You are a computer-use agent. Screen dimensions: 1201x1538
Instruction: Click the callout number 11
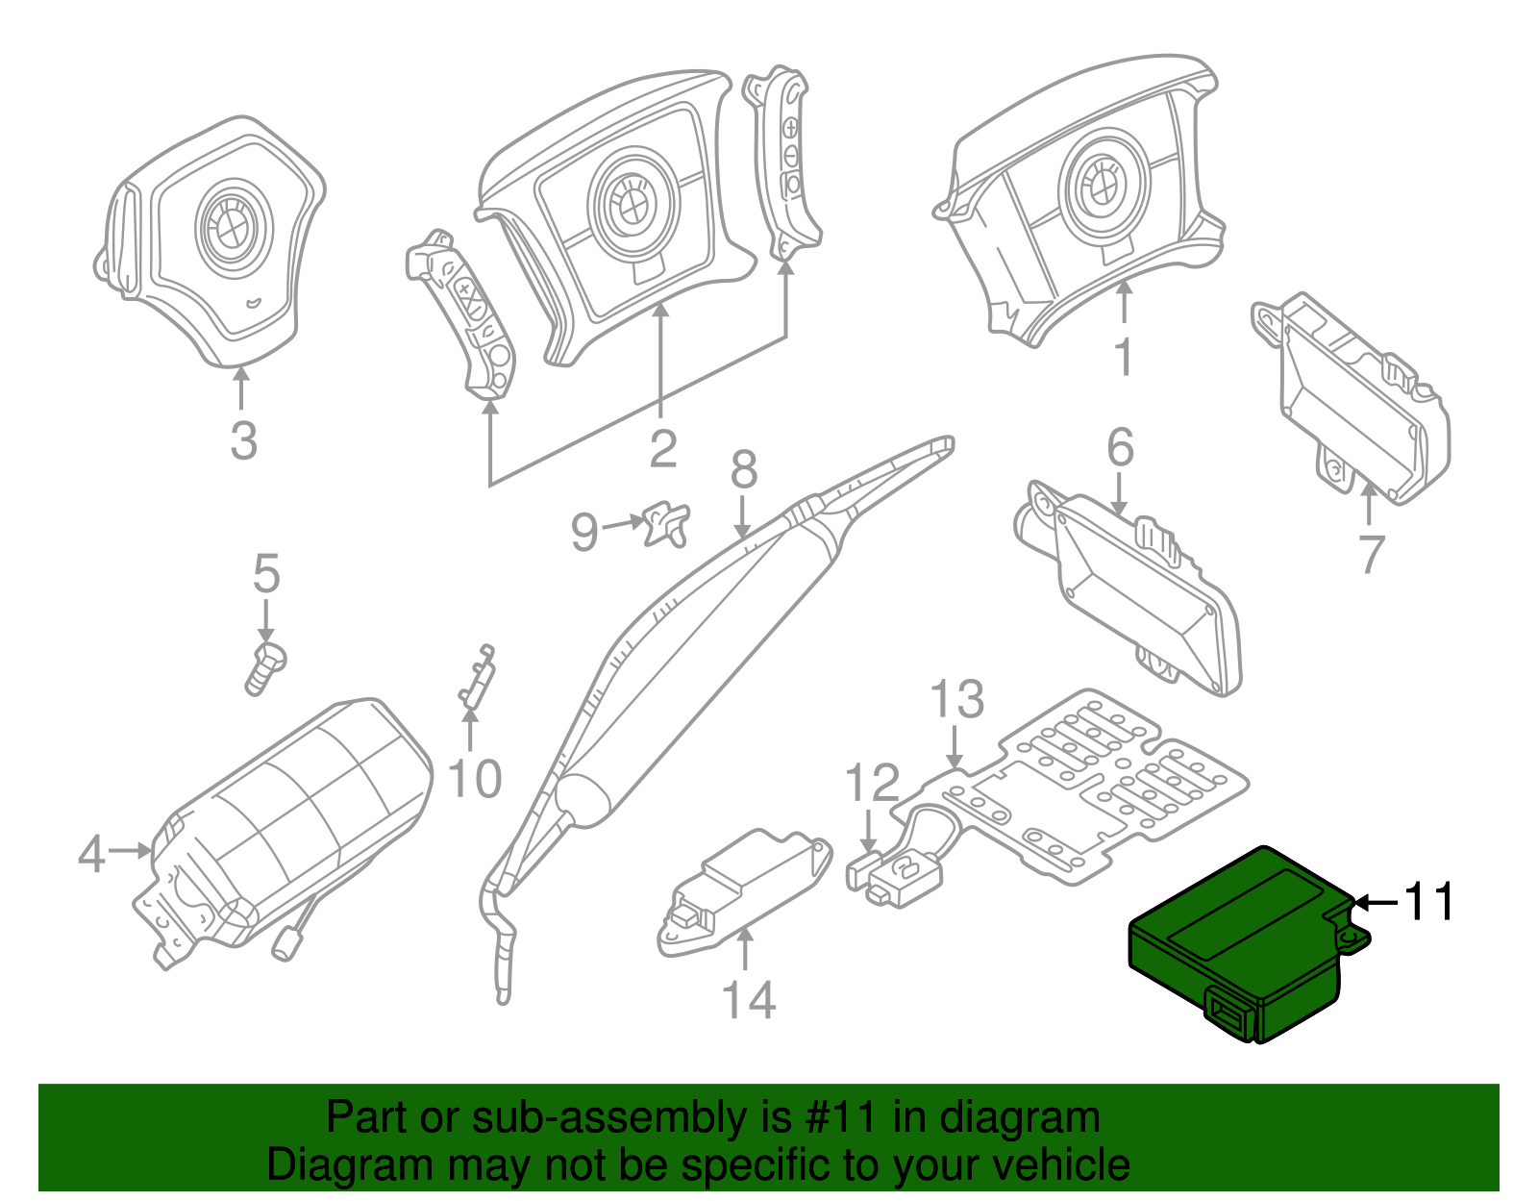point(1429,902)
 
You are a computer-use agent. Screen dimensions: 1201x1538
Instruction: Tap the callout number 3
point(244,440)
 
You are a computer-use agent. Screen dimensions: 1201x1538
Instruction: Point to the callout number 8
point(744,470)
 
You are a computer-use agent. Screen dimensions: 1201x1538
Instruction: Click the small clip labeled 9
point(667,523)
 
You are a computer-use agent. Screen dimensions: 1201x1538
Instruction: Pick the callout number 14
point(749,1000)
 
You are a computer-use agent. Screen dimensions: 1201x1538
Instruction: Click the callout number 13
point(957,699)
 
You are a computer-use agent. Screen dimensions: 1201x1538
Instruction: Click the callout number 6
point(1120,448)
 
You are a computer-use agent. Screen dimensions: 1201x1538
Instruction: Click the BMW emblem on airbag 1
point(1104,185)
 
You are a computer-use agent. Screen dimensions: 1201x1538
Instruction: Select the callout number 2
point(662,449)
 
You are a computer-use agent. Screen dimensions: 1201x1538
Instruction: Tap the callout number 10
point(475,779)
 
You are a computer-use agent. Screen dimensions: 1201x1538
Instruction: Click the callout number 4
point(90,854)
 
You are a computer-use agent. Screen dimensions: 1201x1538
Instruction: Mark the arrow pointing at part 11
point(1377,902)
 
